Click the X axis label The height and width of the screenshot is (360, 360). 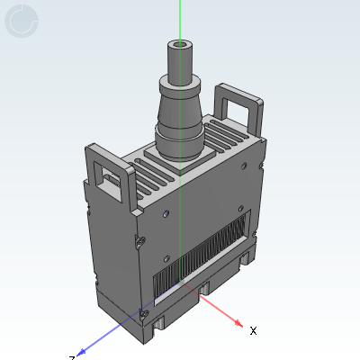point(253,331)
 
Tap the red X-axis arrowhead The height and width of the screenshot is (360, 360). point(238,323)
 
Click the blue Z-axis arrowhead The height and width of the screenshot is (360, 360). point(82,351)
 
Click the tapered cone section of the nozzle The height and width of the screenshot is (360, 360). point(181,112)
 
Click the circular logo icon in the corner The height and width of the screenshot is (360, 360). point(22,22)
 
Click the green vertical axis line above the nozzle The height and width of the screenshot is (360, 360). point(180,18)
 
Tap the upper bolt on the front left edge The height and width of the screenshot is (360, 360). point(142,241)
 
